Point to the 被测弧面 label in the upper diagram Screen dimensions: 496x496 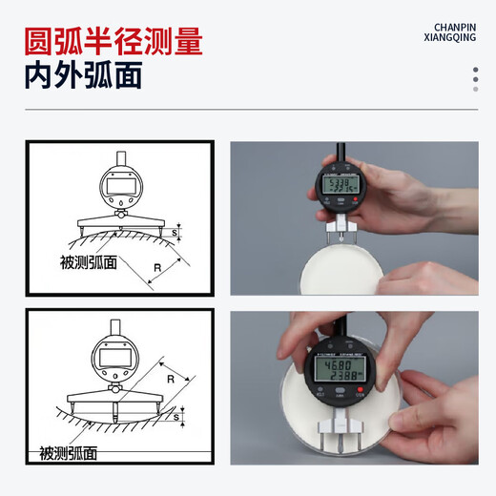coord(87,262)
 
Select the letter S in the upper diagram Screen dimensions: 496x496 coord(173,233)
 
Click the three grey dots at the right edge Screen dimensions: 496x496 coord(476,80)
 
